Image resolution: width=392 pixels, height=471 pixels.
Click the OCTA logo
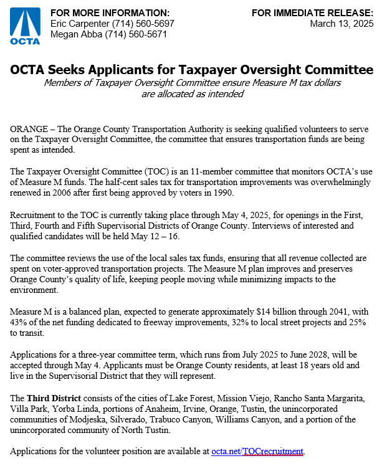pos(25,26)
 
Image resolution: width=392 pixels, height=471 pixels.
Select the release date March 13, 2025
pos(342,24)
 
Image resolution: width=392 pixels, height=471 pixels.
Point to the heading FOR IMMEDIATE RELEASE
pos(312,13)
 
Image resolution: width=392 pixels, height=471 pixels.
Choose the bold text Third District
pos(55,397)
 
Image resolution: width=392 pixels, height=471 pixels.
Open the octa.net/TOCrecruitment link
pos(257,450)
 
